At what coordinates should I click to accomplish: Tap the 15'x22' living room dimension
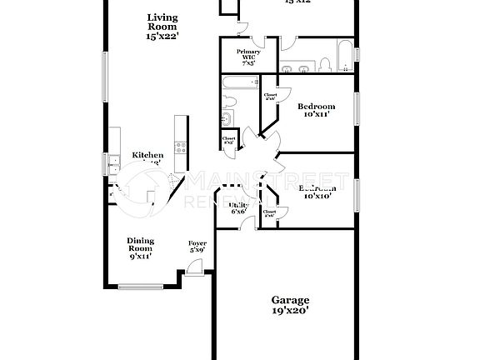point(162,37)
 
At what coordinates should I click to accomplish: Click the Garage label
point(290,300)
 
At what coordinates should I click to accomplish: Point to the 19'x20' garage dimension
point(290,311)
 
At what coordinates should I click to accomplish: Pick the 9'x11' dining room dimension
point(140,257)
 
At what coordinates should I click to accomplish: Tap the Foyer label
point(197,243)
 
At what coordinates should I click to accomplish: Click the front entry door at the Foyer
point(193,268)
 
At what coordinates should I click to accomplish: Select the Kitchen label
point(147,156)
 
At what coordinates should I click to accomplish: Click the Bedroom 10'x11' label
point(316,107)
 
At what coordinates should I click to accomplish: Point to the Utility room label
point(238,205)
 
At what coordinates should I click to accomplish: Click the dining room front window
point(140,287)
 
